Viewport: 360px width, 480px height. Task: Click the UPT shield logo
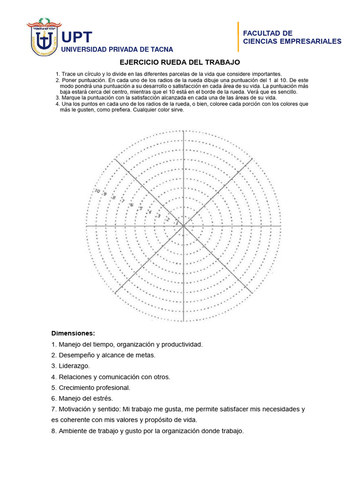(x=44, y=37)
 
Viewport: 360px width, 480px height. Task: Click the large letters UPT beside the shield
(x=77, y=37)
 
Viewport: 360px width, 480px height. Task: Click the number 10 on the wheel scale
(x=97, y=191)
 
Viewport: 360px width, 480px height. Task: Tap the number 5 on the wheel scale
(x=140, y=208)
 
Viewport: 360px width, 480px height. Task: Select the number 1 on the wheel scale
(x=176, y=223)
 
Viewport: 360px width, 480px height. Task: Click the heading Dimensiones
(x=73, y=333)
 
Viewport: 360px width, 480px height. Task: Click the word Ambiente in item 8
(x=72, y=431)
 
